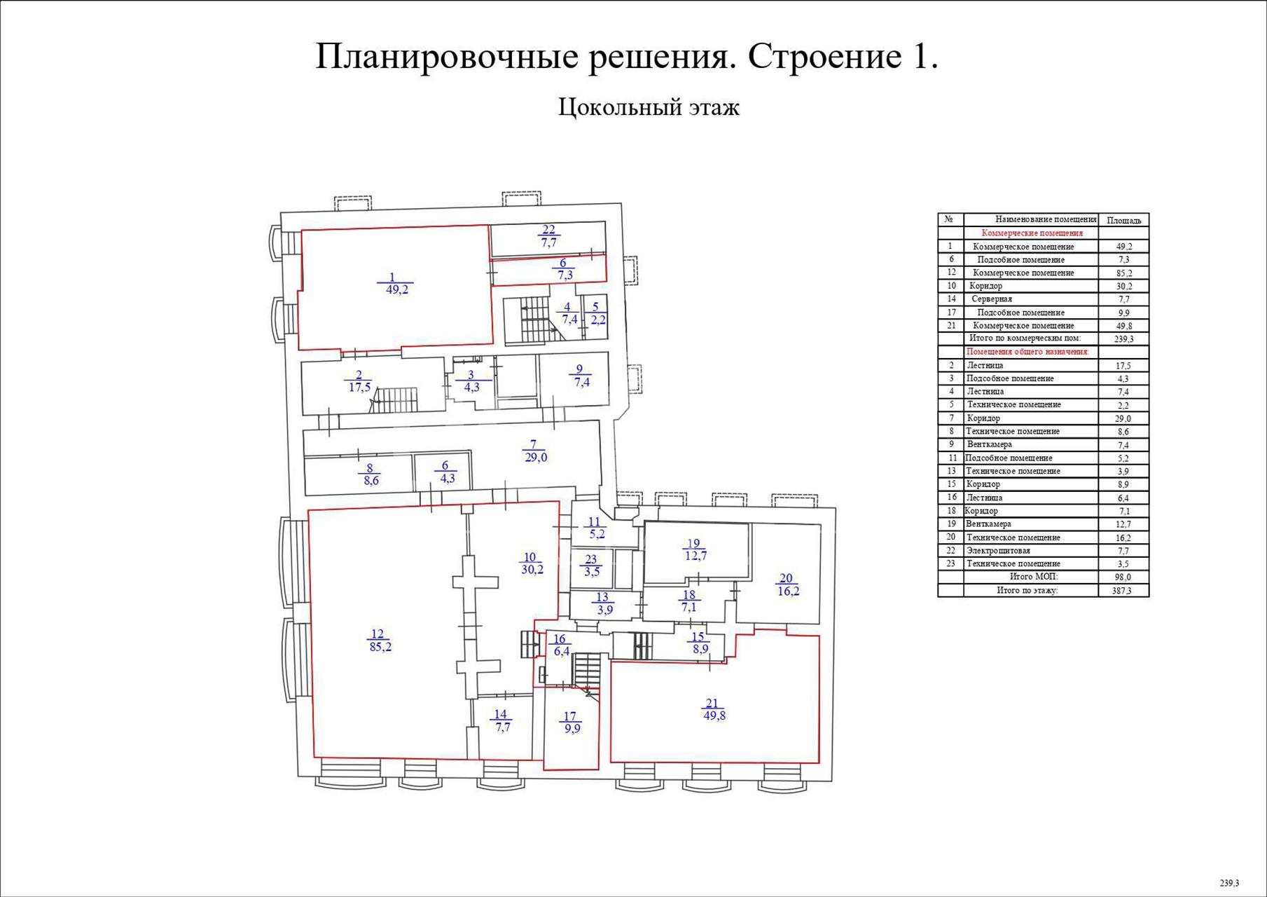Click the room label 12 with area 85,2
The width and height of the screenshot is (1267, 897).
pyautogui.click(x=380, y=641)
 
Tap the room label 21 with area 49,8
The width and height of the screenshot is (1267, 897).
pyautogui.click(x=714, y=709)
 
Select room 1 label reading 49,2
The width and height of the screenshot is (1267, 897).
pyautogui.click(x=397, y=283)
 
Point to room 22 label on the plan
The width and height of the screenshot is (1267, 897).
pyautogui.click(x=548, y=236)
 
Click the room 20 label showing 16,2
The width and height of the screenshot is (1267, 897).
pyautogui.click(x=788, y=584)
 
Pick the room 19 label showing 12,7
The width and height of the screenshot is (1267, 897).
pyautogui.click(x=695, y=549)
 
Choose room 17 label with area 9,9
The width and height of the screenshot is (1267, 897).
pyautogui.click(x=572, y=723)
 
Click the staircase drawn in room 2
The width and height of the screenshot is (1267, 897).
pyautogui.click(x=395, y=400)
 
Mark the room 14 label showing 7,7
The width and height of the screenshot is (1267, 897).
pyautogui.click(x=502, y=721)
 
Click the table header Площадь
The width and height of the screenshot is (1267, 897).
pyautogui.click(x=1123, y=221)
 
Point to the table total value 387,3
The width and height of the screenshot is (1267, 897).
pyautogui.click(x=1123, y=591)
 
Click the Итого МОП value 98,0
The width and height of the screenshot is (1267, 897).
pyautogui.click(x=1123, y=577)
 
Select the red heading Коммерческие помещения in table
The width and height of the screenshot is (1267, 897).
pyautogui.click(x=1032, y=233)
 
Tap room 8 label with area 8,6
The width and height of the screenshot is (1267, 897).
pyautogui.click(x=371, y=474)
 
